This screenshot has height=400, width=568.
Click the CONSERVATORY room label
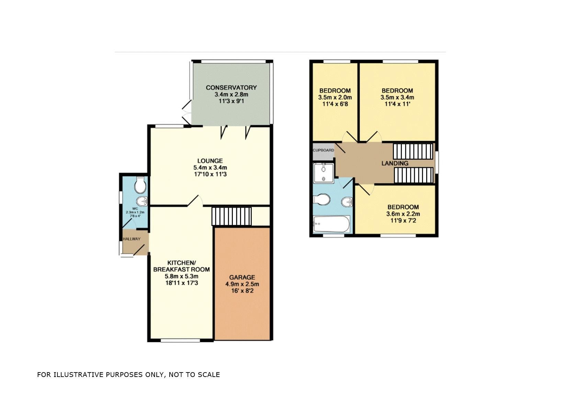click(231, 88)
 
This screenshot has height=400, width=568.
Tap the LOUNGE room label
click(210, 161)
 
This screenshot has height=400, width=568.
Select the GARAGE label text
click(242, 277)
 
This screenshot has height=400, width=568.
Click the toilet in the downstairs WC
click(140, 186)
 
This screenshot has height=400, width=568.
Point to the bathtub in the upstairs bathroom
click(331, 224)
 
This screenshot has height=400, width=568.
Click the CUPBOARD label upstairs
click(323, 150)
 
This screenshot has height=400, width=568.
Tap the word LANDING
click(395, 163)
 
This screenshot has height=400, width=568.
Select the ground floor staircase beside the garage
click(232, 216)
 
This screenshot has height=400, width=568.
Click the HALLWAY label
click(132, 239)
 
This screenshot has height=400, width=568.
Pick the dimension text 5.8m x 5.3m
click(181, 276)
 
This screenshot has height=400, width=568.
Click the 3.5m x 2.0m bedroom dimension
click(335, 97)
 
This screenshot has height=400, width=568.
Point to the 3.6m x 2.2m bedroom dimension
click(403, 214)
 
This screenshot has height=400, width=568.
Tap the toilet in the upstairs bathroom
click(322, 199)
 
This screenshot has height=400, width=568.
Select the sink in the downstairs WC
click(142, 201)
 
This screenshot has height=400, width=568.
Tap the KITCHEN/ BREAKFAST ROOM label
click(181, 266)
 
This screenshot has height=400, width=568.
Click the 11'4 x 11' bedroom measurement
click(397, 104)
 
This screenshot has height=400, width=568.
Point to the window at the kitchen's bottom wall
click(180, 341)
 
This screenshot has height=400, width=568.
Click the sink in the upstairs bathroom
click(347, 202)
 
